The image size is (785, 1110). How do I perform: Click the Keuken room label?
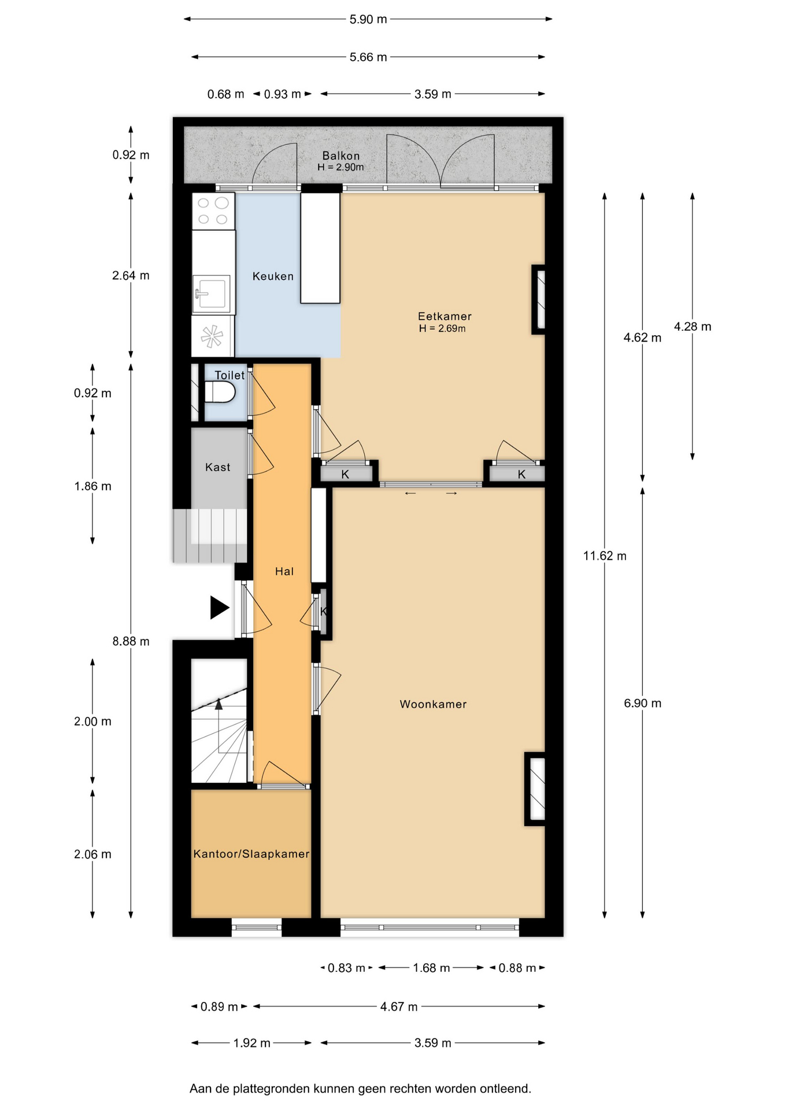(x=273, y=276)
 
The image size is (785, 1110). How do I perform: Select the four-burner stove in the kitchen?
(x=213, y=211)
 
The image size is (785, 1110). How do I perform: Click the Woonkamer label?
(x=433, y=704)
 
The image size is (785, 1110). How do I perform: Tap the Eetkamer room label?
(x=445, y=316)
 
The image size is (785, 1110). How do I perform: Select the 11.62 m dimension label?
(x=605, y=556)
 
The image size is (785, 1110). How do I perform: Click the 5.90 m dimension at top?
(x=368, y=20)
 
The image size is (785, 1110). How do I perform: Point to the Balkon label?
(x=341, y=156)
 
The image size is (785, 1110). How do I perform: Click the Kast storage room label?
(x=218, y=467)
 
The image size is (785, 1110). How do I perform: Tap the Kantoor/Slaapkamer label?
(x=251, y=854)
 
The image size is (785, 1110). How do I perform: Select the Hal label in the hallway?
(x=284, y=571)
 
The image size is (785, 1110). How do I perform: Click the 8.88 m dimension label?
(x=131, y=641)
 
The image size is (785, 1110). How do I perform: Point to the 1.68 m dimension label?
(x=431, y=968)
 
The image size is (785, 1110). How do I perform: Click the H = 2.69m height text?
(x=442, y=328)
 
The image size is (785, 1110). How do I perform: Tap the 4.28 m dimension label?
(x=693, y=327)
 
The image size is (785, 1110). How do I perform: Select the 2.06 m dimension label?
(x=92, y=854)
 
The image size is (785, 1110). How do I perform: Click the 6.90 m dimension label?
(x=642, y=704)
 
